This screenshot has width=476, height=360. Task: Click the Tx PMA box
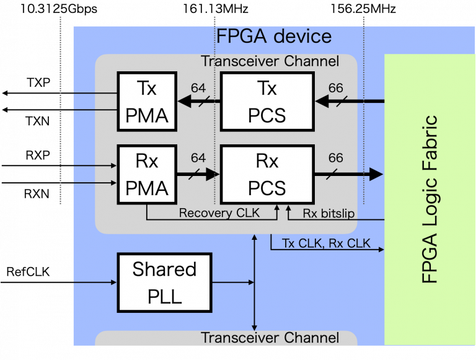pos(147,101)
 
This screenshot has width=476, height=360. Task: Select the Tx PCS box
pos(267,101)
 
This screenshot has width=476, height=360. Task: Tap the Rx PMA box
pos(147,174)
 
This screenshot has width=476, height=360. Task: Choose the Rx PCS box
pos(267,174)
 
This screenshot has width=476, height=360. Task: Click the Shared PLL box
pos(164,282)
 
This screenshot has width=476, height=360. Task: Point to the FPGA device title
pos(273,36)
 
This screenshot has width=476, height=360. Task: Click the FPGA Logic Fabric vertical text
pos(430,200)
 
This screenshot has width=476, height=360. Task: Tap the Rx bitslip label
pos(328,213)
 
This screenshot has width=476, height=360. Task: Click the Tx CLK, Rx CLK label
pos(326,243)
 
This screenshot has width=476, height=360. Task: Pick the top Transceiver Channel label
pos(270,61)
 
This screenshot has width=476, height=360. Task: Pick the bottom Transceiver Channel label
pos(270,338)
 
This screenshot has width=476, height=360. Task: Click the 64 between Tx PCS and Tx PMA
pos(198,89)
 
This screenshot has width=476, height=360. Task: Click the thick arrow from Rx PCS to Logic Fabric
pos(347,175)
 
